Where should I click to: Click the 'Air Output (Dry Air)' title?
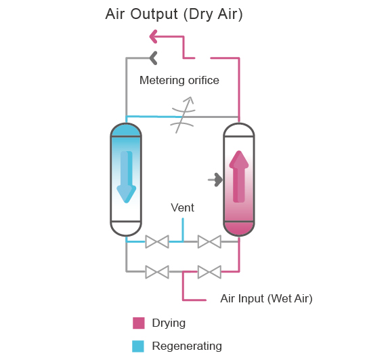[174, 14]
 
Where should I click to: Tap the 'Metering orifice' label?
[179, 80]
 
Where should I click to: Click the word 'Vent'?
[182, 207]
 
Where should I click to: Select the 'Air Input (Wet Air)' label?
[266, 298]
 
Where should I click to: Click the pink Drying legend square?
[139, 323]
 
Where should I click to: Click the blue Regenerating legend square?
[138, 346]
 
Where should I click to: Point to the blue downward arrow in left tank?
[126, 177]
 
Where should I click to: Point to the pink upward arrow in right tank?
[239, 176]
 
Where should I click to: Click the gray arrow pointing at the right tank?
[215, 180]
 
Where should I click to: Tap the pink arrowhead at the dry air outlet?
[154, 37]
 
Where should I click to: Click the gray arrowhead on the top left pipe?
[154, 58]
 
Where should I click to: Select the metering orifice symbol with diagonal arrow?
[183, 115]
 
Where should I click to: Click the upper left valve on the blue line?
[157, 241]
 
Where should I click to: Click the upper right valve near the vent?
[209, 241]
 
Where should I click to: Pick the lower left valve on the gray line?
[157, 272]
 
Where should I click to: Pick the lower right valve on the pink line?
[209, 272]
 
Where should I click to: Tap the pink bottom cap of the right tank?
[239, 228]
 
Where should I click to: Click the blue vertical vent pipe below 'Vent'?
[183, 230]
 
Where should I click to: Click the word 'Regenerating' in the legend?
[187, 346]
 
